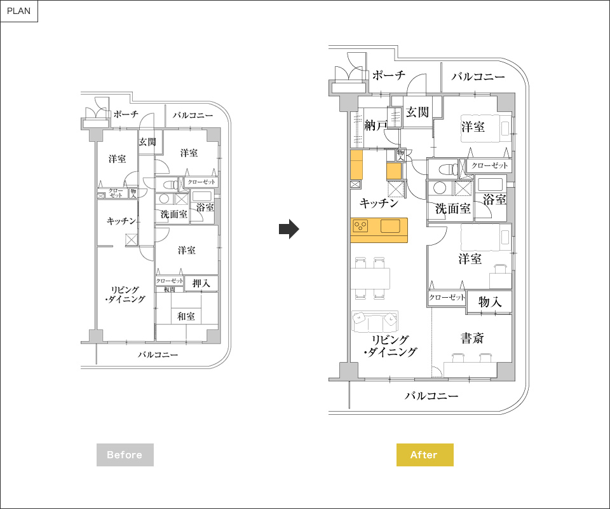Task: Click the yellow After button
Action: click(425, 454)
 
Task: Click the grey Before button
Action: click(125, 454)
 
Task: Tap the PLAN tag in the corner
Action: click(18, 11)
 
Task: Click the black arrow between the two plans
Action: click(288, 229)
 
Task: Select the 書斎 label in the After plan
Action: click(472, 338)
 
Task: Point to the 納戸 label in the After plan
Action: click(376, 125)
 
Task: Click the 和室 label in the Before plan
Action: click(186, 316)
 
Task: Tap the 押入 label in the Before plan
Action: click(201, 283)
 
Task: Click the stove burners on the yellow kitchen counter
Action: click(360, 226)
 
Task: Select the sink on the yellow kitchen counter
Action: click(390, 226)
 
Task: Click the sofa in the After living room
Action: click(375, 321)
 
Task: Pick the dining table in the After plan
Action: click(370, 278)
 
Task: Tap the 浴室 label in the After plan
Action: click(494, 199)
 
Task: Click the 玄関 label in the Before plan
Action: click(147, 142)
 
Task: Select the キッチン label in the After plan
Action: click(379, 202)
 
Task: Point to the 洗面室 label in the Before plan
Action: click(174, 214)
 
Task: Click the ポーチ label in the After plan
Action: click(389, 75)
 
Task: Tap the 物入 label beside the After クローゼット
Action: click(490, 302)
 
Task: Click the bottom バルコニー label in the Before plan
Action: click(158, 355)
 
